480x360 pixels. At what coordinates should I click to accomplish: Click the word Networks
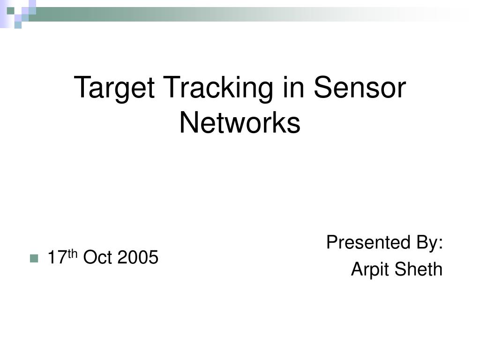240,123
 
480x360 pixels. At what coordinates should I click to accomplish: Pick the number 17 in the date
58,257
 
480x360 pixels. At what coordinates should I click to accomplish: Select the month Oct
98,257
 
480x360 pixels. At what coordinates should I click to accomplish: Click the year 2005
138,257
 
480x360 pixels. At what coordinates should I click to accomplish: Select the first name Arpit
367,270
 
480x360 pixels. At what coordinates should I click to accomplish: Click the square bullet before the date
33,258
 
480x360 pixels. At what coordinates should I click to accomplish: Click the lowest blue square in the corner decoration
18,25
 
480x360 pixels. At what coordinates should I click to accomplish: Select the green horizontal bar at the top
234,14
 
